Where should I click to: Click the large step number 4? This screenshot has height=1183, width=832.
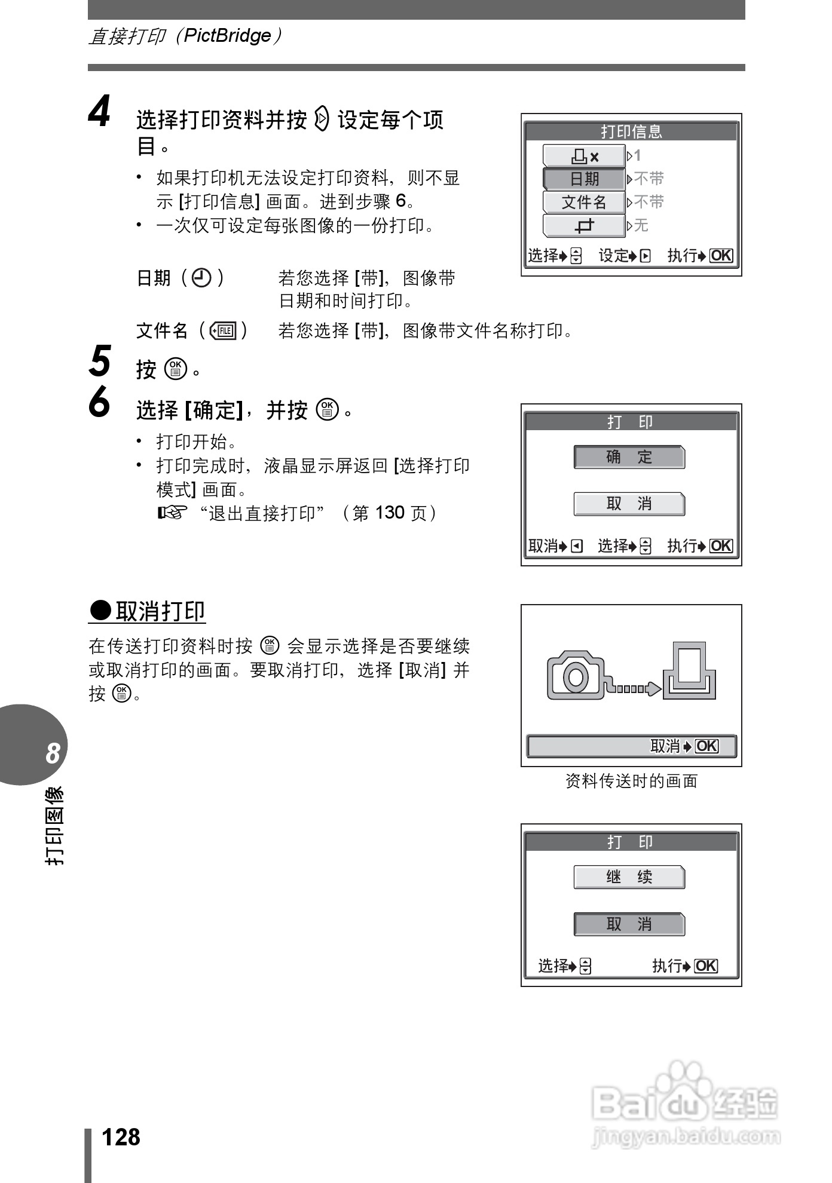(x=100, y=112)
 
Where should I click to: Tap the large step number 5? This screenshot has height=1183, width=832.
(x=100, y=361)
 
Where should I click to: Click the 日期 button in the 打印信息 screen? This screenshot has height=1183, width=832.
(x=584, y=179)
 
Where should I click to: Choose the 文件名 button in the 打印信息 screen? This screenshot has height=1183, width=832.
(x=584, y=202)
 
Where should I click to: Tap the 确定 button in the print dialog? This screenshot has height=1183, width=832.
(x=629, y=457)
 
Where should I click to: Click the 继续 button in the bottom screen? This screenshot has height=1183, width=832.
(x=629, y=877)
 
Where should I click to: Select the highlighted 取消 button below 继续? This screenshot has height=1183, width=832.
(x=629, y=924)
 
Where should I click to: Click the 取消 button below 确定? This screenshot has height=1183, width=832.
(x=629, y=504)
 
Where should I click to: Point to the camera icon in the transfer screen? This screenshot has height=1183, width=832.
(x=576, y=675)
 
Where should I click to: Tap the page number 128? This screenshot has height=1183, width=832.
(x=121, y=1137)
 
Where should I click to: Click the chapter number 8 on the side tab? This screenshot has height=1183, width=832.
(x=53, y=753)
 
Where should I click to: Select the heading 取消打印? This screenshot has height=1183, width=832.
(x=160, y=611)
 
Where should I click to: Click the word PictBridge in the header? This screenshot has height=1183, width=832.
(x=227, y=36)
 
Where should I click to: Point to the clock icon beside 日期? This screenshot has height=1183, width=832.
(x=201, y=278)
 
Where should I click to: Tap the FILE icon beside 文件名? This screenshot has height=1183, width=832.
(x=224, y=330)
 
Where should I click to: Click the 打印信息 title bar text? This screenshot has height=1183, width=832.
(x=631, y=131)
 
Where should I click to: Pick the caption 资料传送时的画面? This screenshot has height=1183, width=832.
(x=631, y=780)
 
